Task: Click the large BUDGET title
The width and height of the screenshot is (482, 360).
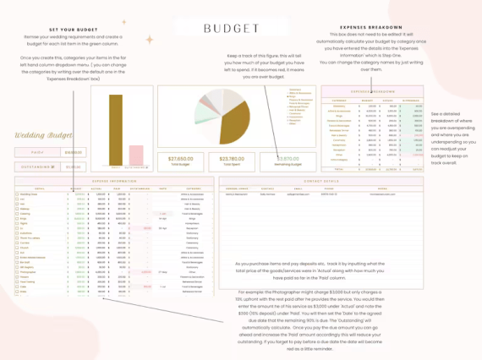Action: point(232,29)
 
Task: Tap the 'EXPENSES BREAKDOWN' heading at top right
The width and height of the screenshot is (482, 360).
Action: point(373,26)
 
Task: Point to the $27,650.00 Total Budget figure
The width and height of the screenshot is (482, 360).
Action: point(180,158)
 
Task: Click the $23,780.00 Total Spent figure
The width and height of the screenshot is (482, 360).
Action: point(232,158)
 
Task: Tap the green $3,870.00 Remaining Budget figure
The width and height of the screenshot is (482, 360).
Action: point(288,158)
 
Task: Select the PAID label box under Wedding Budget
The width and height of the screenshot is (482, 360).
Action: point(37,153)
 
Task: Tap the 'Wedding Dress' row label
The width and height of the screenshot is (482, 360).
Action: point(29,194)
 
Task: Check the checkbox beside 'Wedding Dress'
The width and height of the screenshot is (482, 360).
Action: point(16,194)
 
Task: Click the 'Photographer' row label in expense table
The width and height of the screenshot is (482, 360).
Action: point(30,272)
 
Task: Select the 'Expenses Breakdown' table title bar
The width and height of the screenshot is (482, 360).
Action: point(372,90)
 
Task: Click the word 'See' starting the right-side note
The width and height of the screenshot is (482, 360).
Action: point(435,113)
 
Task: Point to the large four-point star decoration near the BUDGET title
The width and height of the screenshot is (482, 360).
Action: point(150,39)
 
